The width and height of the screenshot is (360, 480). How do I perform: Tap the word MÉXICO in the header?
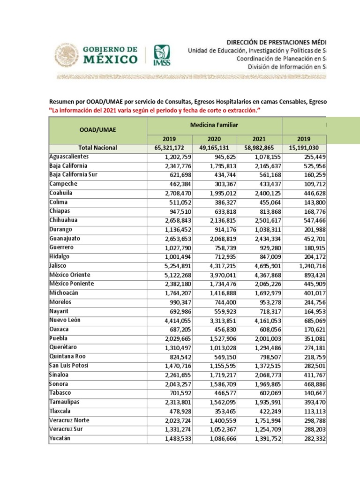pos(111,60)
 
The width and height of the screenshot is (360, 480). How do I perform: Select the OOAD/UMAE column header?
pos(98,130)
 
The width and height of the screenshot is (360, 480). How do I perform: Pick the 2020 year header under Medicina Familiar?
pos(214,139)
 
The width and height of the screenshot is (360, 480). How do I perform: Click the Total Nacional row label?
pos(98,148)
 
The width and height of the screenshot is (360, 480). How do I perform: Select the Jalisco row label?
pos(59,265)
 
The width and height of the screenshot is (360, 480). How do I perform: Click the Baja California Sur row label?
pos(74,175)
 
